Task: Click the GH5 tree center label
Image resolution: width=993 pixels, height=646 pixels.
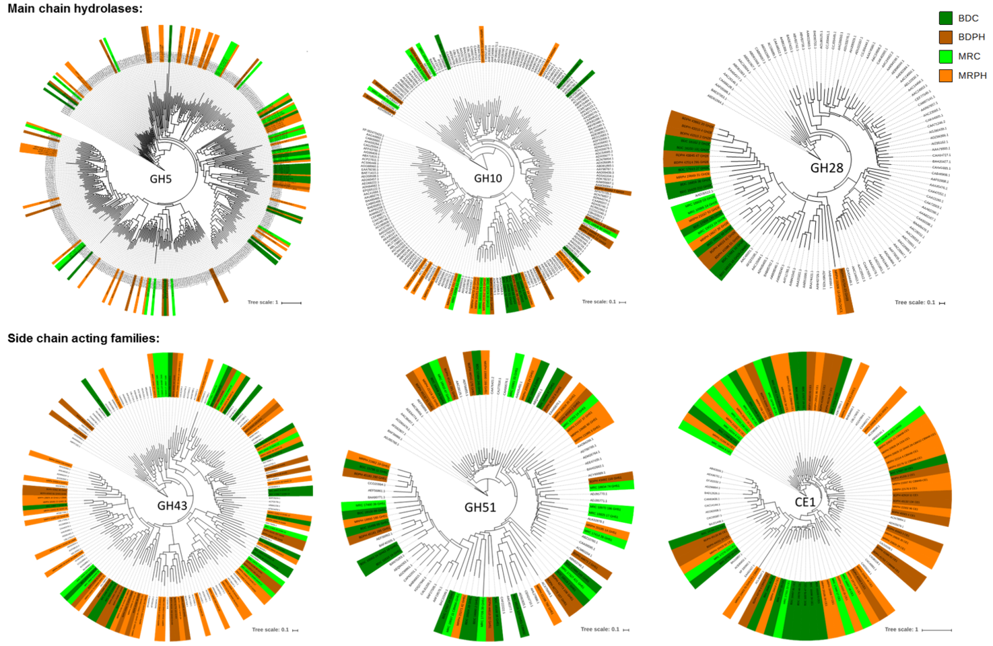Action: (x=161, y=179)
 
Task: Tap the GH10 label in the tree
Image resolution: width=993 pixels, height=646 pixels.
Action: (x=487, y=178)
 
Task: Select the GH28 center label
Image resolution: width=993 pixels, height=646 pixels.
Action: (x=826, y=168)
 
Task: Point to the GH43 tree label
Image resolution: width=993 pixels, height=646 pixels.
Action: (x=172, y=505)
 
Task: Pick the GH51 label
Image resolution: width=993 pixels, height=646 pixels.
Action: (x=480, y=507)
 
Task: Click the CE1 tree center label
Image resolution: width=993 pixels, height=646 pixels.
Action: (x=804, y=502)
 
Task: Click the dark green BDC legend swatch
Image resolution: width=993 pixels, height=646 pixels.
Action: (x=946, y=18)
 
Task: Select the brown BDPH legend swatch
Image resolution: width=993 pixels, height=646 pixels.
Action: (x=946, y=37)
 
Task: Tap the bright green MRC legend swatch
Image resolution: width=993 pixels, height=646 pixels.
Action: (x=946, y=57)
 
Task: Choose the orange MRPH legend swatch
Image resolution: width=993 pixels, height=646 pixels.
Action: (x=946, y=75)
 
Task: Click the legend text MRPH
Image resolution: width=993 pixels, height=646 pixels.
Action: (x=972, y=75)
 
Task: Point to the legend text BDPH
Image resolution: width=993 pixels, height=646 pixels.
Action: (x=971, y=37)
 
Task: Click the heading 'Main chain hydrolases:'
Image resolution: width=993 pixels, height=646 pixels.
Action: (x=75, y=9)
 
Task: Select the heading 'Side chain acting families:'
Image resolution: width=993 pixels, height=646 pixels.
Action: (x=83, y=338)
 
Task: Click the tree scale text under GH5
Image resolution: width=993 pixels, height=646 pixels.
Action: (x=263, y=302)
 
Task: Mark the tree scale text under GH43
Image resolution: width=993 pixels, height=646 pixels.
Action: (x=270, y=630)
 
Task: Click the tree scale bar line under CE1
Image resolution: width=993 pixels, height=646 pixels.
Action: (x=936, y=630)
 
